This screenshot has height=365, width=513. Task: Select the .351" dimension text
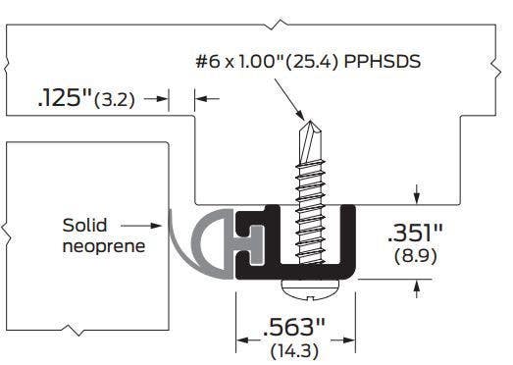415,233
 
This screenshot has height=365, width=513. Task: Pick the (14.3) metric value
295,348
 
